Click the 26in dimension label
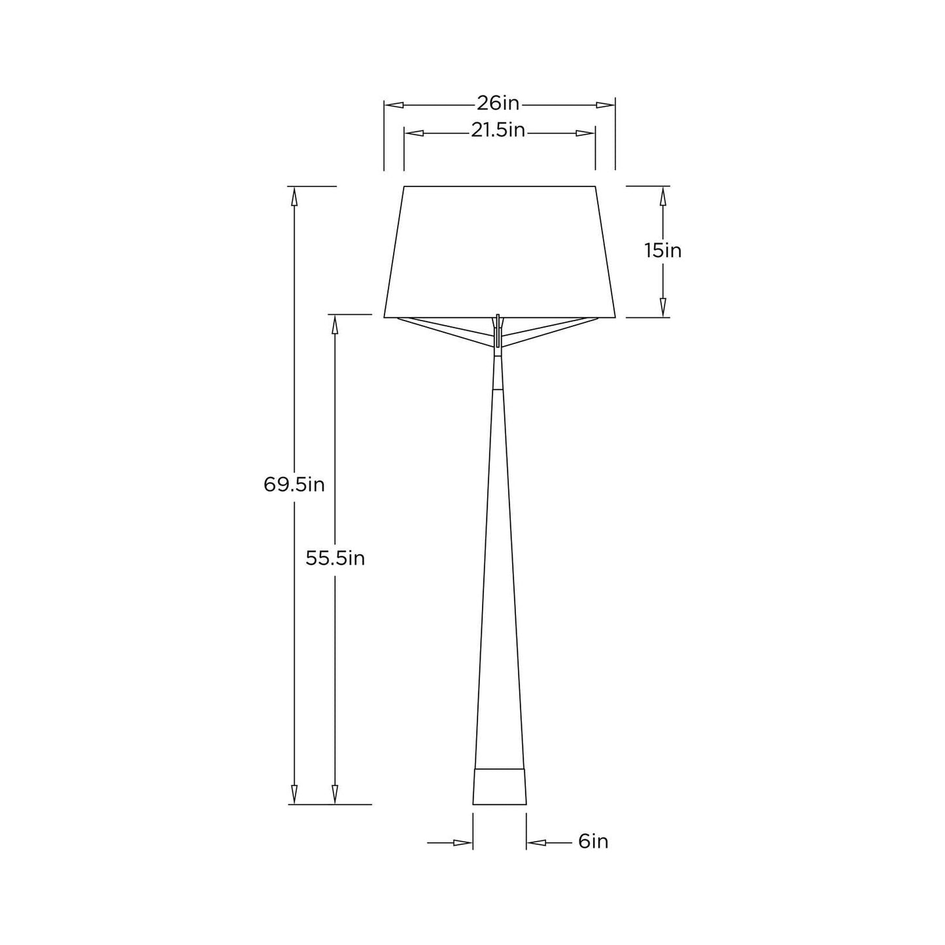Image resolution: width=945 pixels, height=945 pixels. point(498,103)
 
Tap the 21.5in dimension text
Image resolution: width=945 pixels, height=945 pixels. point(498,131)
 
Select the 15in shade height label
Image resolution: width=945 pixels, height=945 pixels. point(662,250)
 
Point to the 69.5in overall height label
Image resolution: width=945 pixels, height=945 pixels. point(294,485)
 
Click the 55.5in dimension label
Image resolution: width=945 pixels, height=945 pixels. point(335,558)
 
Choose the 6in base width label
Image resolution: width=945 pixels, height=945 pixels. point(593,842)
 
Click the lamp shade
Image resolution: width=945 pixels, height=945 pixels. point(500,252)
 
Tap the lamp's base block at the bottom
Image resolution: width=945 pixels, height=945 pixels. point(500,787)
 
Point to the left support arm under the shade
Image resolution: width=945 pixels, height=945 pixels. point(445,330)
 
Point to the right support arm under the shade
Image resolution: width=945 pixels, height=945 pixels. point(553,330)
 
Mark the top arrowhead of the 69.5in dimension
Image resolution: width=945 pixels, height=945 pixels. point(294,196)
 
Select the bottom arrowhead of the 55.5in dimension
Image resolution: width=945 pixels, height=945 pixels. point(335,795)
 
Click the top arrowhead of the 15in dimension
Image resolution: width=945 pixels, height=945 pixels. point(663,196)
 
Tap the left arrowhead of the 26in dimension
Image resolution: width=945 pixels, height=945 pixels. point(393,105)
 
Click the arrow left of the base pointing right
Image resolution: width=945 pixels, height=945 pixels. point(463,843)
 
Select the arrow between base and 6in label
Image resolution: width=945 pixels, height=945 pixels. point(536,843)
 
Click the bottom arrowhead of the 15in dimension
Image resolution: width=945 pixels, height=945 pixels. point(663,308)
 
